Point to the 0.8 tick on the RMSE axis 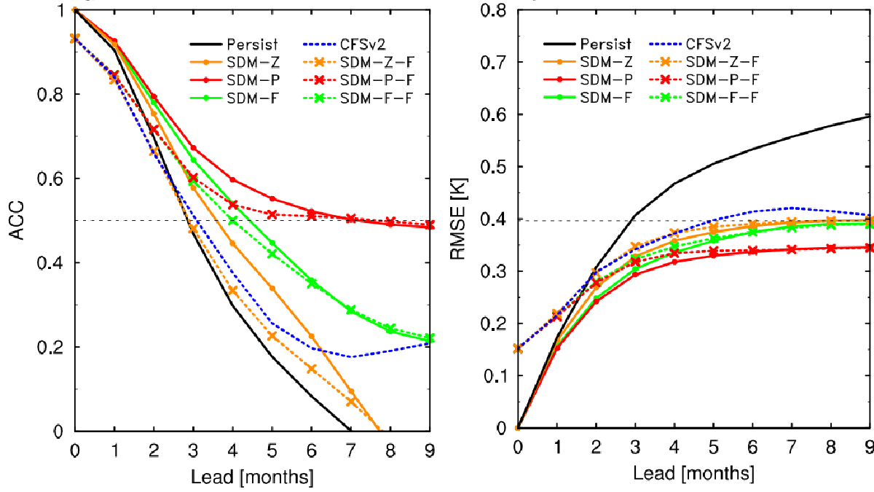pyautogui.click(x=497, y=10)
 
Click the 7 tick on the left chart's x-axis pyautogui.click(x=350, y=450)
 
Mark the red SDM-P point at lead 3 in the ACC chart pyautogui.click(x=193, y=148)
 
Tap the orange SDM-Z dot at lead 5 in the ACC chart pyautogui.click(x=272, y=288)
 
